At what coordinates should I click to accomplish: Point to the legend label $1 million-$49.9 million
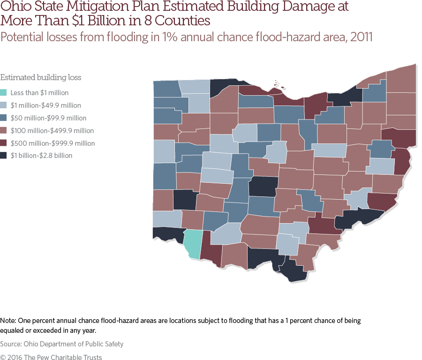(x=45, y=105)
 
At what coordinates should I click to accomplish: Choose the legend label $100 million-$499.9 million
(x=52, y=131)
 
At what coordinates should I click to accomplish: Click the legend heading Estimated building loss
(x=38, y=78)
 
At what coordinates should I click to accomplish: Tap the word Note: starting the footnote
(x=8, y=321)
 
